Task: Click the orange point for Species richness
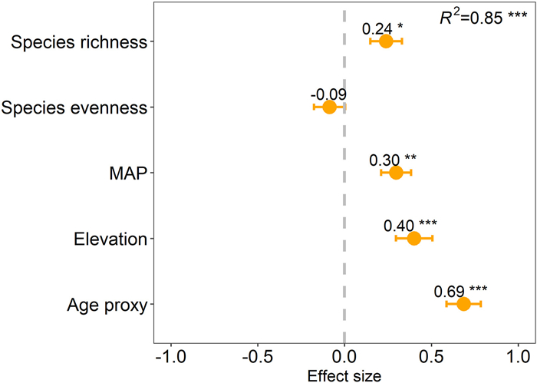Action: [386, 41]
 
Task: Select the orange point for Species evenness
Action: [329, 107]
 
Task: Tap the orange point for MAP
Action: [396, 173]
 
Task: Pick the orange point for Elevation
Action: [413, 239]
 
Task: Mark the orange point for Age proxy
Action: [463, 304]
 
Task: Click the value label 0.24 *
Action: [383, 28]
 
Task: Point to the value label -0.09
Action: [328, 94]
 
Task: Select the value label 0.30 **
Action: [393, 160]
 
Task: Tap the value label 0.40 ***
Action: [410, 226]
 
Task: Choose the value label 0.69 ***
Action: [460, 292]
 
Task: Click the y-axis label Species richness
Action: [79, 42]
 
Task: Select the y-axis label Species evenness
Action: [74, 107]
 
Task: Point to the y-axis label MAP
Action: [124, 173]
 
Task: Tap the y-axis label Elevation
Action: [110, 239]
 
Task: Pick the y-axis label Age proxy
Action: [107, 305]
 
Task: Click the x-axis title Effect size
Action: [344, 375]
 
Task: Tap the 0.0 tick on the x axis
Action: [344, 357]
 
